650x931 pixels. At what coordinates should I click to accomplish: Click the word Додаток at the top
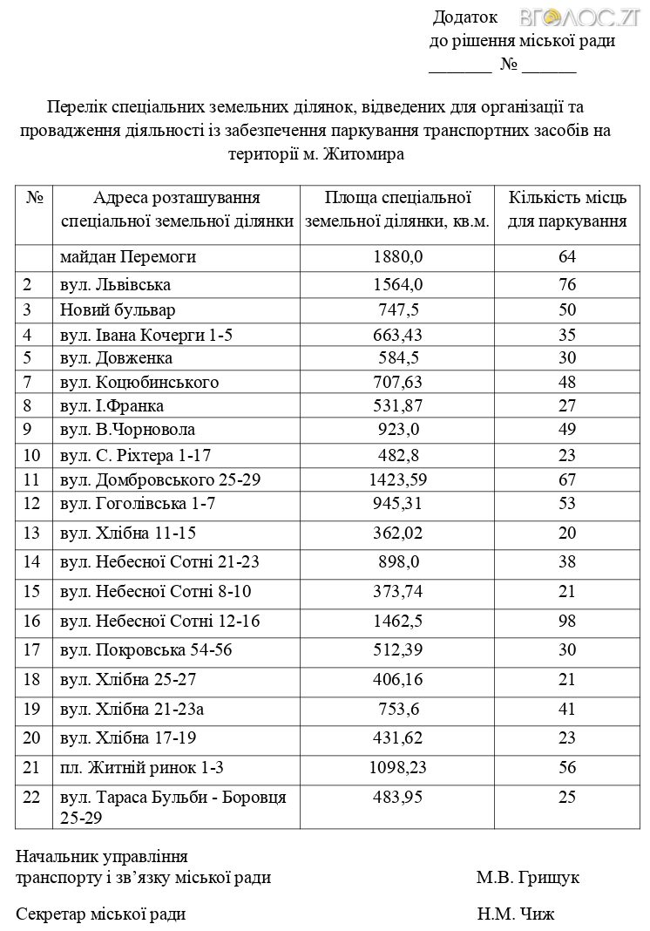point(465,17)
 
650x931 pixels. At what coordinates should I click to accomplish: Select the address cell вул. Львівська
point(115,284)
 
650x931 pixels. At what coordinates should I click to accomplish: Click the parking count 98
point(568,621)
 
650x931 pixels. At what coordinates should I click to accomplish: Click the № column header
point(35,198)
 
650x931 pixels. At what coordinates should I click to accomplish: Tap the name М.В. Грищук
point(528,877)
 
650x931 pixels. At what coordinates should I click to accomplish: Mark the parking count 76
point(568,284)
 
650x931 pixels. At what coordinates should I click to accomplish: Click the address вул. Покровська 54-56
point(146,650)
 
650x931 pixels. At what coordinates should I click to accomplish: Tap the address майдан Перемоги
point(128,257)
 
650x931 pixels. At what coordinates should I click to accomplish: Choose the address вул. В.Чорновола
point(127,429)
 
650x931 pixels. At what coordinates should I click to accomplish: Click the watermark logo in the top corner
point(581,17)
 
